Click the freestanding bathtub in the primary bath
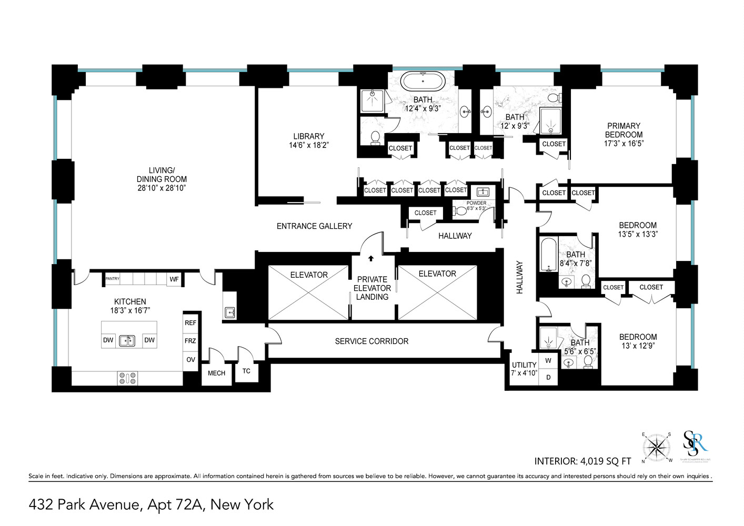pos(423,82)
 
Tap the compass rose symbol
pos(656,448)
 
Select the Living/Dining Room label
pos(162,179)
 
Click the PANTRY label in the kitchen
pos(113,279)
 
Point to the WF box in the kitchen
pos(174,279)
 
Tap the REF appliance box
pos(190,323)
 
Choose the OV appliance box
pos(190,360)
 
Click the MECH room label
pos(216,373)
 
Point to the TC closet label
pos(246,371)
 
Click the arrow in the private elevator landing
pos(371,258)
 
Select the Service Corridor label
pos(371,341)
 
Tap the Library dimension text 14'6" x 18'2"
pos(309,145)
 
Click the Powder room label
pos(477,203)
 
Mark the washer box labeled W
pos(548,361)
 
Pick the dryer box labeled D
pos(548,377)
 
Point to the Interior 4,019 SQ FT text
pos(582,461)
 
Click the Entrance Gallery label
pos(314,226)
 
